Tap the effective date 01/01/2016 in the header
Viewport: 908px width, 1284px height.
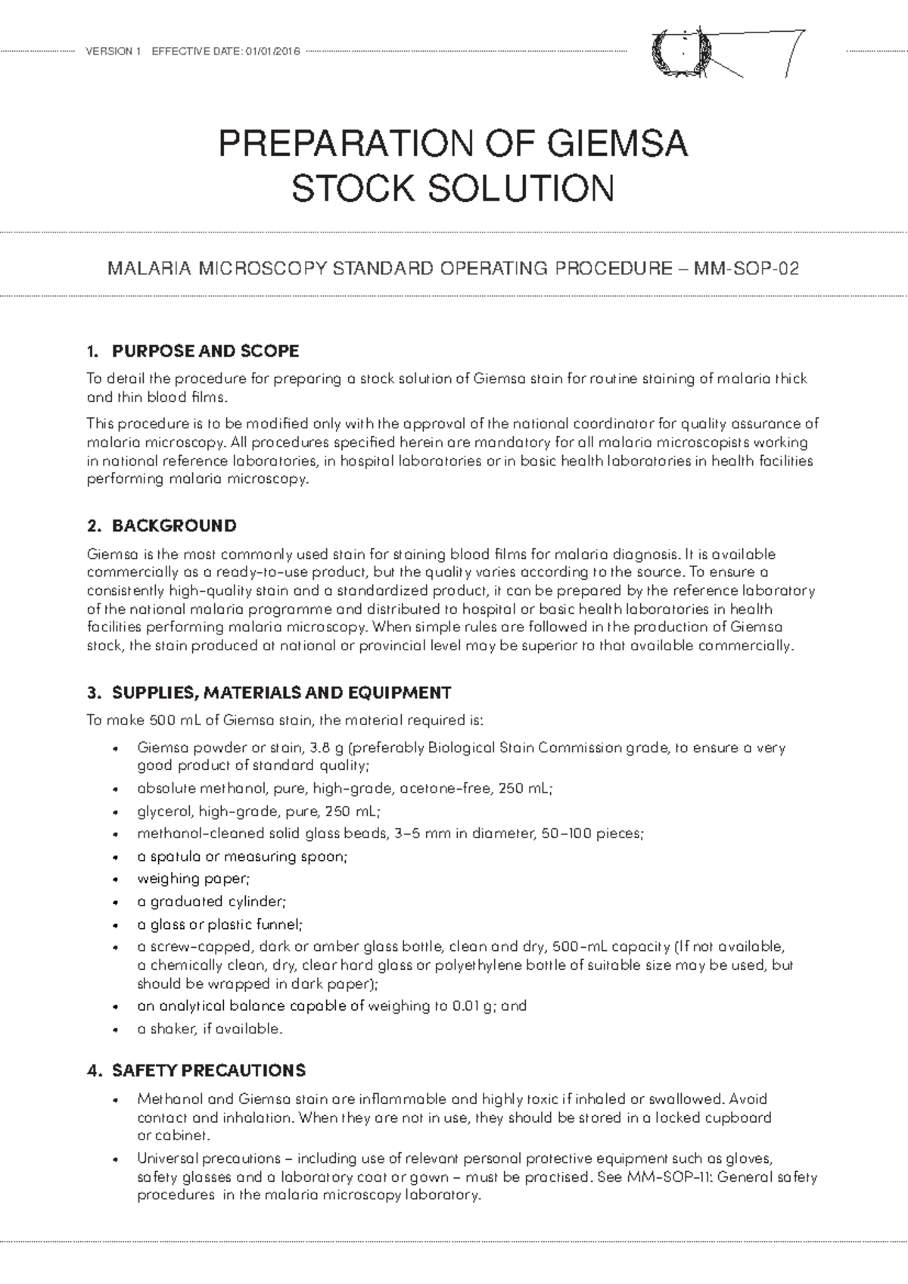[271, 51]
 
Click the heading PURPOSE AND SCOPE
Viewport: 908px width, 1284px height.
[205, 351]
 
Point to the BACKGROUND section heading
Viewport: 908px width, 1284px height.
[174, 525]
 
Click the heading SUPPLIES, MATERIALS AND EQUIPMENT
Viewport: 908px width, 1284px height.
[281, 692]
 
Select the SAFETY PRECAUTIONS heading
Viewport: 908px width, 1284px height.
[209, 1071]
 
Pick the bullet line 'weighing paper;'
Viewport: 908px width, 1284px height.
[192, 879]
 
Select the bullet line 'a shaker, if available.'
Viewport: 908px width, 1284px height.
[210, 1029]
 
